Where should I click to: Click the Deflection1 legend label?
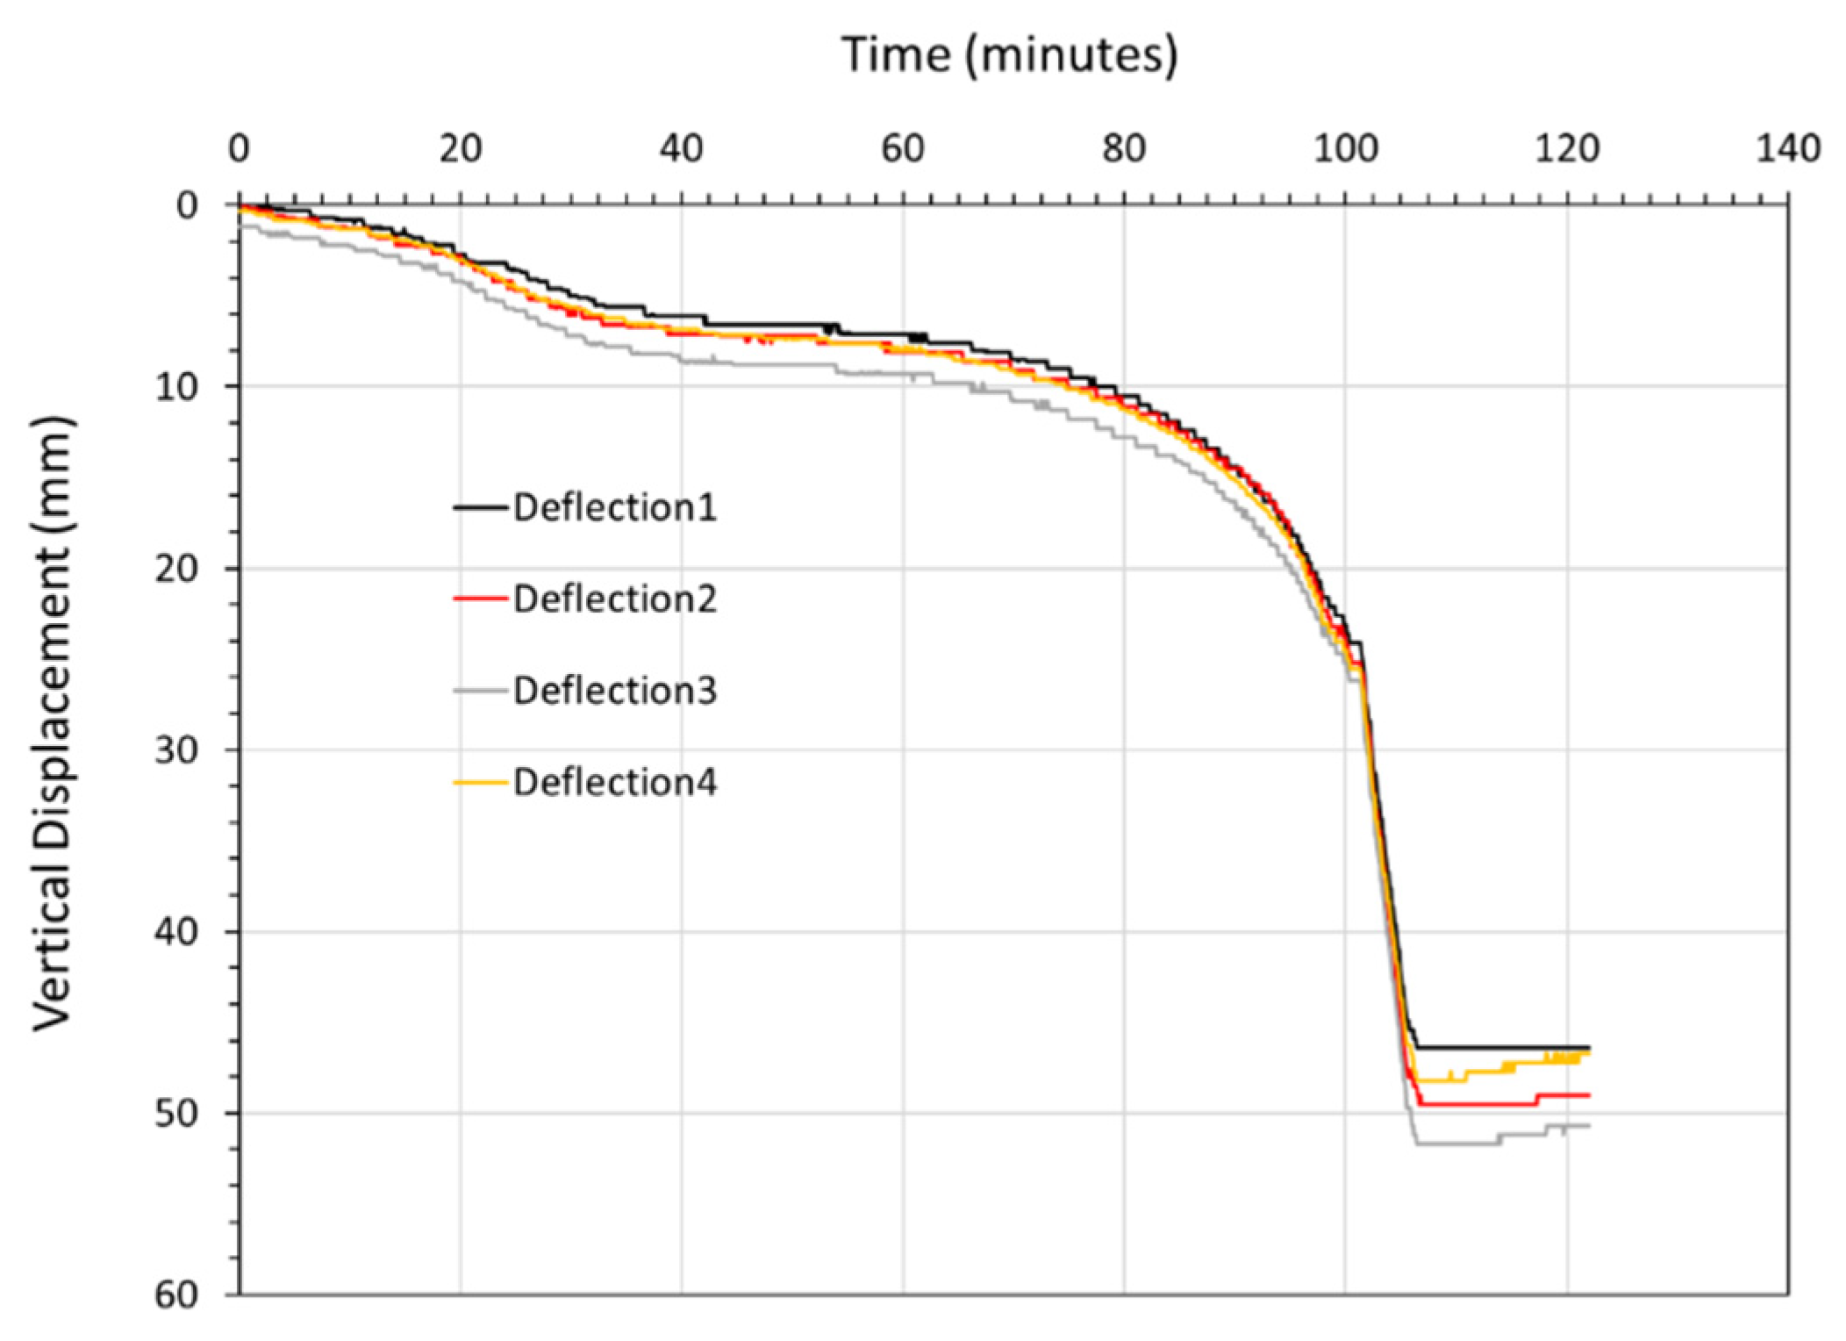pyautogui.click(x=615, y=508)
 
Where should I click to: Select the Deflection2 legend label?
pyautogui.click(x=615, y=599)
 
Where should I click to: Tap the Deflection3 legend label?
pyautogui.click(x=615, y=691)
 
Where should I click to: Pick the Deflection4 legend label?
pyautogui.click(x=615, y=782)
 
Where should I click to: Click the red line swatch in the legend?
pyautogui.click(x=481, y=599)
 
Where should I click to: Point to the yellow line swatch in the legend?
pyautogui.click(x=481, y=782)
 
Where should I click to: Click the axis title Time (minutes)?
pyautogui.click(x=1010, y=55)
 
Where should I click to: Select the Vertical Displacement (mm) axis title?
pyautogui.click(x=54, y=725)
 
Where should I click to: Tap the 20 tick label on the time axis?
pyautogui.click(x=461, y=150)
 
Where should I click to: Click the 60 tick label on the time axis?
pyautogui.click(x=903, y=150)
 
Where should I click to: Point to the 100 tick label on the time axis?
pyautogui.click(x=1345, y=150)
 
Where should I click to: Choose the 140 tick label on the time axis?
pyautogui.click(x=1787, y=150)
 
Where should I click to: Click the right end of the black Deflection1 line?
pyautogui.click(x=1589, y=1047)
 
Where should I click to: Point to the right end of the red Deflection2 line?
pyautogui.click(x=1589, y=1095)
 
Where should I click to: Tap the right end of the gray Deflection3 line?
pyautogui.click(x=1589, y=1126)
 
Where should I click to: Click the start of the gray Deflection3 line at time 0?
pyautogui.click(x=241, y=226)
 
